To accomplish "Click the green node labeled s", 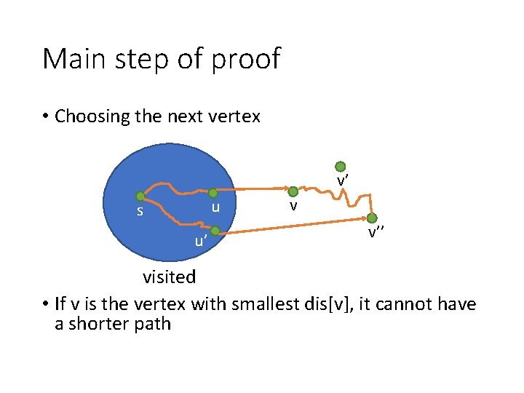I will [140, 196].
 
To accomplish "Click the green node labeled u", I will [213, 194].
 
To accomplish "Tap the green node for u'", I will [215, 231].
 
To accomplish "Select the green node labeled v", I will [293, 192].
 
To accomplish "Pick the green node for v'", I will [341, 167].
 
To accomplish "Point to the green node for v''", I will [372, 218].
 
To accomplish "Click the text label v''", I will [376, 233].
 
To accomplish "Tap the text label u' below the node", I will [201, 241].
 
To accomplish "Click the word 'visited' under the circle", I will [169, 277].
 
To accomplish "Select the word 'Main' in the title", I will [73, 59].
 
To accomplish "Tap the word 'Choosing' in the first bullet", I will [91, 116].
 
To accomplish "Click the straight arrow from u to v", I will [251, 190].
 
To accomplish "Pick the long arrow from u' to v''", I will [291, 226].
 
